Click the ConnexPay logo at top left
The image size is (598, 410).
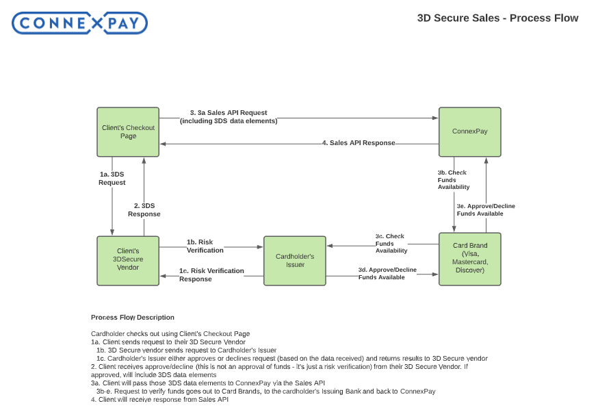[79, 24]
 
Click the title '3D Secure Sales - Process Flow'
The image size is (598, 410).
[497, 18]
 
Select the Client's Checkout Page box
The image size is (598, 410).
[128, 131]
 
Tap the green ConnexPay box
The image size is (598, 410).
[469, 131]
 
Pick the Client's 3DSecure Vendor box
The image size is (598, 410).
[128, 259]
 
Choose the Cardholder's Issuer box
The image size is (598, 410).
[295, 260]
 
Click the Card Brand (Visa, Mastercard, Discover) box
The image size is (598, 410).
[469, 258]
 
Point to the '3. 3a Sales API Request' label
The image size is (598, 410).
[229, 116]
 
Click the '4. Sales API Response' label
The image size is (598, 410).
[359, 143]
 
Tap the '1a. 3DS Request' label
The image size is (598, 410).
[112, 179]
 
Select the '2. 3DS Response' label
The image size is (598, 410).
[144, 209]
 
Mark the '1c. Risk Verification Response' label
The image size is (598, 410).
[211, 274]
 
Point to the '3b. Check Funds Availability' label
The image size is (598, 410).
[453, 179]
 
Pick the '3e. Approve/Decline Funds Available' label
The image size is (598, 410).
[486, 209]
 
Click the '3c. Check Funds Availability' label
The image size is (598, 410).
[391, 243]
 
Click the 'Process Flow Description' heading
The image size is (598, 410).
[132, 318]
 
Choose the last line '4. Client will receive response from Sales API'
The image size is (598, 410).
[159, 399]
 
